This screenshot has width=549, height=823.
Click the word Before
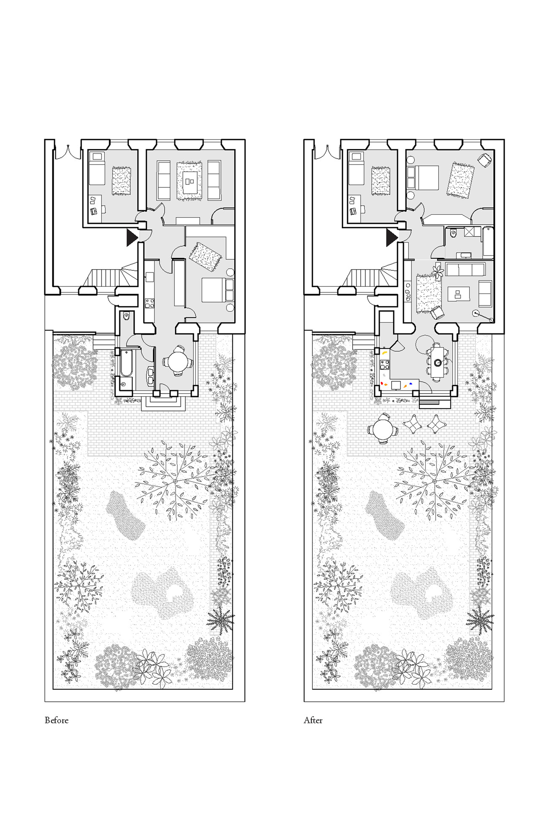tap(56, 720)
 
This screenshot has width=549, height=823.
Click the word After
tap(313, 720)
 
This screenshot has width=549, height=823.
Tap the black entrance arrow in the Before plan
tap(131, 238)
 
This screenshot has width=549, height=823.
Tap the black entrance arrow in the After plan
tap(391, 238)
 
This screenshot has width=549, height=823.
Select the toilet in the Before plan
tap(126, 316)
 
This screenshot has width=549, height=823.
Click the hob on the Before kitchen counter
tap(150, 304)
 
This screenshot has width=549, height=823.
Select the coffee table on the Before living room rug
tap(189, 181)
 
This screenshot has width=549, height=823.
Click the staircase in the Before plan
tap(110, 274)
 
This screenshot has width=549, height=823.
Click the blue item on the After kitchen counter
tap(411, 384)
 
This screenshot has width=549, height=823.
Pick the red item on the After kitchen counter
tap(382, 384)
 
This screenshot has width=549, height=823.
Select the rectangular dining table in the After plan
tap(437, 362)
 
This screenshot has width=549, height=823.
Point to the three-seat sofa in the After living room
tap(465, 270)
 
